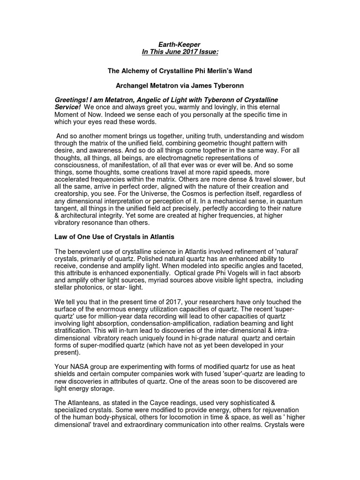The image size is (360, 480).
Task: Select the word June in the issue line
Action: pos(183,52)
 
